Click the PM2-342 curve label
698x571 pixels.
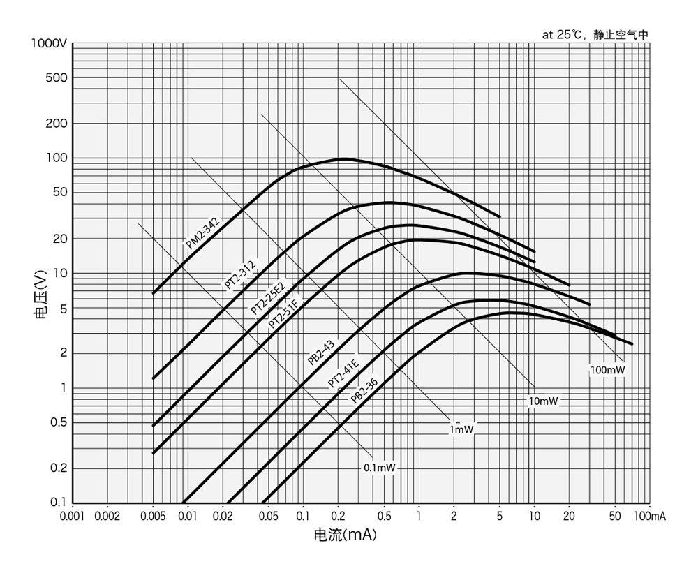202,232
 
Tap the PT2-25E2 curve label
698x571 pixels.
269,298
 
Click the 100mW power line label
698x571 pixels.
607,369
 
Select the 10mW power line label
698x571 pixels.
544,401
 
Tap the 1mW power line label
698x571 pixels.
461,430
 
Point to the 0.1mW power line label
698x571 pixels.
380,468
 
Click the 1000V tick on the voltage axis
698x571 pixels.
49,43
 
